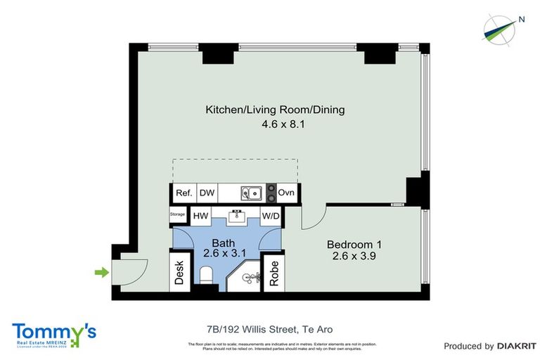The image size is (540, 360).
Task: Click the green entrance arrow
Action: click(x=102, y=272)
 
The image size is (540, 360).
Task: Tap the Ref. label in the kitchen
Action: click(x=184, y=193)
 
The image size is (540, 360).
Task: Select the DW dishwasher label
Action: click(x=207, y=193)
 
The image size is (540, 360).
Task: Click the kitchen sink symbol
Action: click(x=250, y=193)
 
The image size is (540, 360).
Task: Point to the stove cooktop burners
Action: click(x=271, y=193)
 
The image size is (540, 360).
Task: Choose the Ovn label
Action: click(x=287, y=193)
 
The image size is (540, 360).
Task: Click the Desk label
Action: click(x=179, y=272)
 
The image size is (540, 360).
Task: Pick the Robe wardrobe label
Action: click(x=274, y=273)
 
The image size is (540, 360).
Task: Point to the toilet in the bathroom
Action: click(x=206, y=282)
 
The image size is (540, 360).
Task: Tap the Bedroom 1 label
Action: click(x=354, y=245)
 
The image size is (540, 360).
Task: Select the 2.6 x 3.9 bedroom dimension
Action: click(x=354, y=257)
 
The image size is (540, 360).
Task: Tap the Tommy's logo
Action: click(x=54, y=333)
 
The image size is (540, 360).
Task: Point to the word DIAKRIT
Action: click(x=517, y=346)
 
